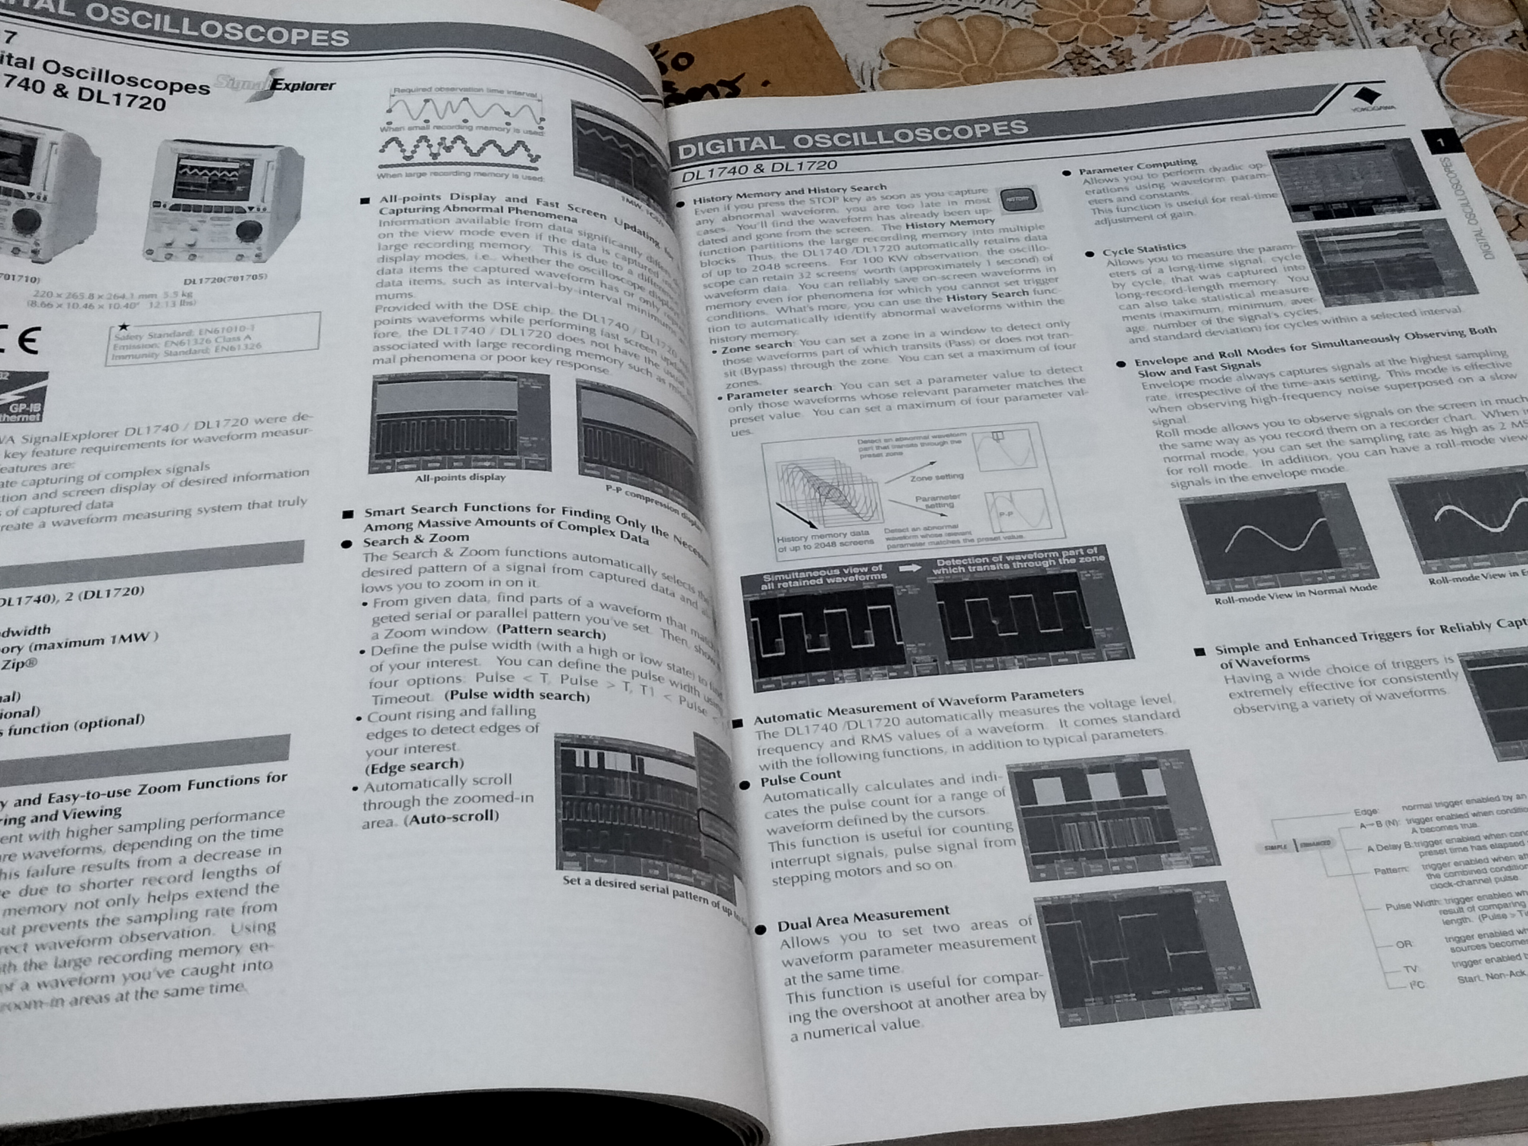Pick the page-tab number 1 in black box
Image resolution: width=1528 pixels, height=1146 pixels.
click(1440, 143)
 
